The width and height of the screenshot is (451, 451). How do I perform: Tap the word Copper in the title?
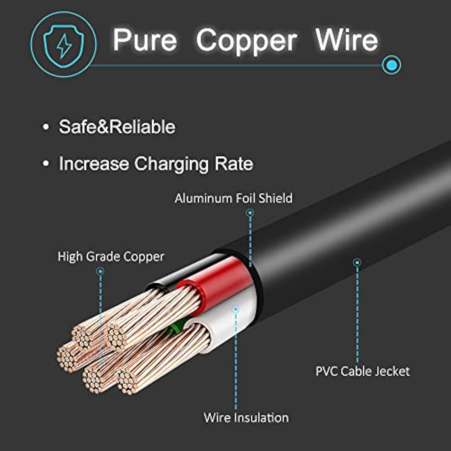coord(247,41)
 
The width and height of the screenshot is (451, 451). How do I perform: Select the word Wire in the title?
coord(347,40)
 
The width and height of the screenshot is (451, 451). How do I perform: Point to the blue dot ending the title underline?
coord(391,65)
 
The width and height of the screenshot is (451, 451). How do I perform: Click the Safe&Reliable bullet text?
coord(117,127)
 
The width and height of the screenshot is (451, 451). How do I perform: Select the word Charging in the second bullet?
coord(171,164)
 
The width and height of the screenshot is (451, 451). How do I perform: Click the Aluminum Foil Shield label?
coord(233,198)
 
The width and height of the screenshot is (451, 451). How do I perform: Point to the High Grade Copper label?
coord(111,257)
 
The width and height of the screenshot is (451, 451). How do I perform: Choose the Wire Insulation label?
coord(246,418)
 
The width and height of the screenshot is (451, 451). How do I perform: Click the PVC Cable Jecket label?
coord(362,371)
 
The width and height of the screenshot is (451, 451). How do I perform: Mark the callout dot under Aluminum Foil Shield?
coord(250,213)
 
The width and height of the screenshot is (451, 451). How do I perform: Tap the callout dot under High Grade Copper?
coord(100,271)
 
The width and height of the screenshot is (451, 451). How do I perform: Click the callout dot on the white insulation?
coord(236,309)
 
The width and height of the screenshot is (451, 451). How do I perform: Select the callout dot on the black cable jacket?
coord(357,262)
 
